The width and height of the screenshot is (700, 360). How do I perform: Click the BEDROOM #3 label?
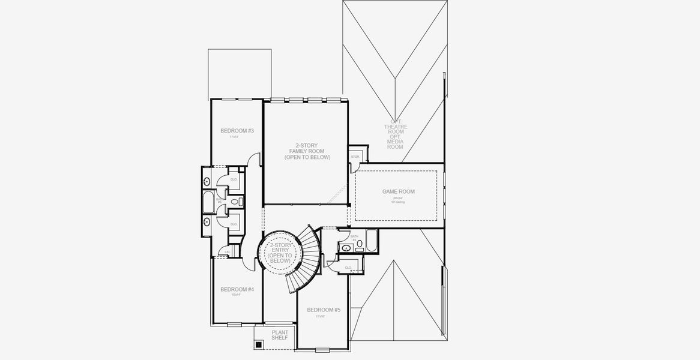click(x=237, y=131)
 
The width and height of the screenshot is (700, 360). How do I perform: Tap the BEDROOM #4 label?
click(x=237, y=289)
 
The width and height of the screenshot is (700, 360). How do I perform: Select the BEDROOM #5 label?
click(x=324, y=310)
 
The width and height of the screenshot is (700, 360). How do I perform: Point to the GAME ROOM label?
click(x=399, y=192)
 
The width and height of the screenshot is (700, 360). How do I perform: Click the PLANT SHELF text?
click(x=280, y=335)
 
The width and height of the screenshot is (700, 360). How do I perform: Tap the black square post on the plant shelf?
click(x=259, y=344)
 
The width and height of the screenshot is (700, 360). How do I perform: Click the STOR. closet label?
click(x=355, y=157)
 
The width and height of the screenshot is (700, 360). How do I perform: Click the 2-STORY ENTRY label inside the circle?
click(x=280, y=253)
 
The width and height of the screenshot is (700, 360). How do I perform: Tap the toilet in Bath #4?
click(x=359, y=244)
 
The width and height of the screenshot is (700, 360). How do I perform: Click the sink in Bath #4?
click(x=346, y=247)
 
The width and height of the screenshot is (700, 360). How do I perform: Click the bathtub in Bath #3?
click(x=208, y=202)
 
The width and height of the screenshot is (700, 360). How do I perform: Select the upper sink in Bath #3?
click(x=207, y=181)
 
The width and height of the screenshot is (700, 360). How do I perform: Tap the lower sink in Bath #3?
click(x=207, y=221)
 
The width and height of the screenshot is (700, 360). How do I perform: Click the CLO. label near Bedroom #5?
click(x=348, y=268)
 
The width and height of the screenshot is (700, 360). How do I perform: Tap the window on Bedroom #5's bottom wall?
click(x=323, y=350)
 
